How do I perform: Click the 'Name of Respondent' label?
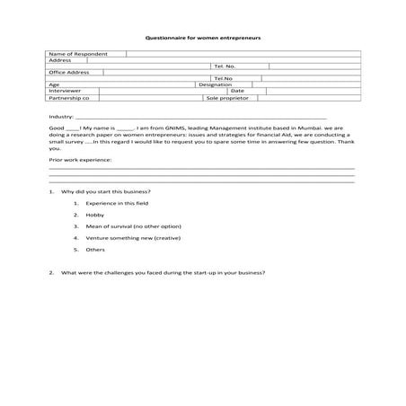click(x=71, y=54)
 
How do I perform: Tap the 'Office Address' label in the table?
click(x=68, y=72)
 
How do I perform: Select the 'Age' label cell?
click(x=54, y=84)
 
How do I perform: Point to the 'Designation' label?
click(x=215, y=84)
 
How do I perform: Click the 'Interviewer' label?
click(x=65, y=91)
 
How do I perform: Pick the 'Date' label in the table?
click(x=237, y=91)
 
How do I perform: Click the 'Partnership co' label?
click(x=68, y=97)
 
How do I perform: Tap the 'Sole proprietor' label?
click(x=225, y=97)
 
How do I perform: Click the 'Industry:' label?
click(x=60, y=118)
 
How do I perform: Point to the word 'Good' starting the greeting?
click(x=56, y=130)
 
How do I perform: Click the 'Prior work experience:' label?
click(x=80, y=159)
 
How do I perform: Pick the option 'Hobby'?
click(x=95, y=216)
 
